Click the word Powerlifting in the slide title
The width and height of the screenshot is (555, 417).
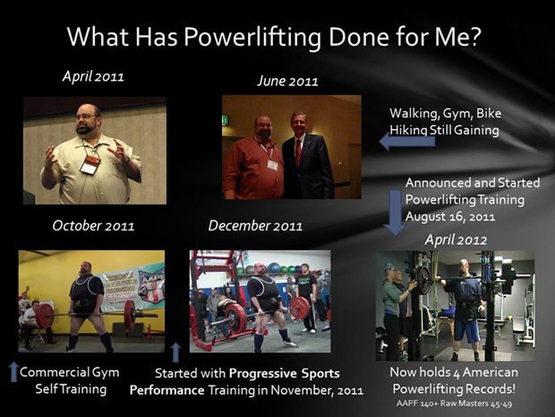pos(252,37)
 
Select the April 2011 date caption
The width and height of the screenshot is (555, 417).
pos(93,76)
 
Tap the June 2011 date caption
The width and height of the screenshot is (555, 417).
pos(287,81)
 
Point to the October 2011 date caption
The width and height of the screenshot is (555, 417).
pos(93,226)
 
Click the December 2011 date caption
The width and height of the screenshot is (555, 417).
pos(255,226)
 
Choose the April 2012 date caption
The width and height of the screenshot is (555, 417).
pos(456,240)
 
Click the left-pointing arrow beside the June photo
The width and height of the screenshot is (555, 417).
pos(407,142)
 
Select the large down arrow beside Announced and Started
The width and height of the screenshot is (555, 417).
pos(396,213)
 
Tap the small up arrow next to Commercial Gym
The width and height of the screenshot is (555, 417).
pos(13,371)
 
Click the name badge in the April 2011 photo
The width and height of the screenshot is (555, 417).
pos(90,164)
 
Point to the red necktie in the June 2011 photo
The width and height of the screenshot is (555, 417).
pos(298,152)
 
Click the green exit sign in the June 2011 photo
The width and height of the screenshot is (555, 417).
pos(225,119)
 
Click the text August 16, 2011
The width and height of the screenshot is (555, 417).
pos(450,216)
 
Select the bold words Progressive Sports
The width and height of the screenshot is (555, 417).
pos(285,373)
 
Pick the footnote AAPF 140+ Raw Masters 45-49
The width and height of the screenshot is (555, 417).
pos(454,404)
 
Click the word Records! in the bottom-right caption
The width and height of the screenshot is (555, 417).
pos(490,389)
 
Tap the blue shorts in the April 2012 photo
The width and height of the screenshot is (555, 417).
pos(467,331)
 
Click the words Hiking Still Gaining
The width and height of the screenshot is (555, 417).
pos(444,130)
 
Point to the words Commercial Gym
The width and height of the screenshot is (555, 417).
pos(70,372)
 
